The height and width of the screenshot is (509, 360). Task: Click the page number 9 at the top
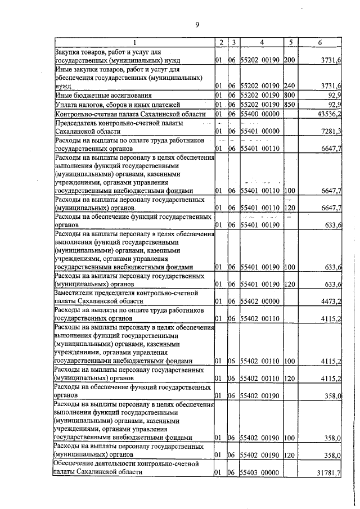(x=197, y=24)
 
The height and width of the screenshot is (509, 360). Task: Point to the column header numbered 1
(x=134, y=42)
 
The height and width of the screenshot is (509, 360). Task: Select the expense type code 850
(x=290, y=105)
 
